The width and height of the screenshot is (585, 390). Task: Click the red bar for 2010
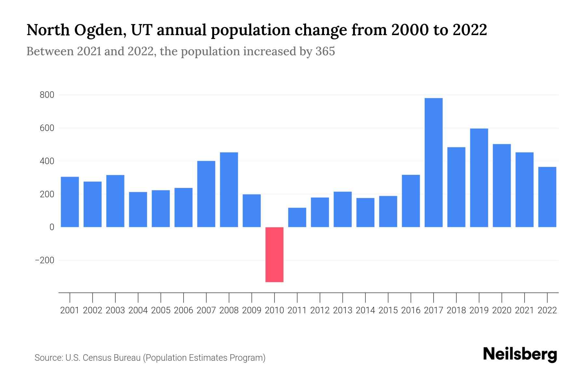tap(274, 254)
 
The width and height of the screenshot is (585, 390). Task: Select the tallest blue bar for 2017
tap(433, 162)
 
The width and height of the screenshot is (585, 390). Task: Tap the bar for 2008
tap(229, 189)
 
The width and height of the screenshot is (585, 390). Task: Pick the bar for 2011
tap(297, 217)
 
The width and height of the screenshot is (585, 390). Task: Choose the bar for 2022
tap(547, 197)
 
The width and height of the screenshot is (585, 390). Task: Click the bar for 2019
tap(479, 178)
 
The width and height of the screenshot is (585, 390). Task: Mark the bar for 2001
tap(70, 202)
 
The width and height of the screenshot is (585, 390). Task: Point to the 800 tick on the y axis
tap(47, 95)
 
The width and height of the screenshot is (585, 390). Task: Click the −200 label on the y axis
tap(45, 260)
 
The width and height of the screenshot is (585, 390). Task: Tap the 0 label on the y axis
tap(52, 227)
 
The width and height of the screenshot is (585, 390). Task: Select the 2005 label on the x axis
tap(161, 310)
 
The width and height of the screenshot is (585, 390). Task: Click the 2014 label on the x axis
tap(365, 310)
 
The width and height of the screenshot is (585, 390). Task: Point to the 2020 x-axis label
tap(501, 310)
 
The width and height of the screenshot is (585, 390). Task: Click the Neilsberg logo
tap(520, 354)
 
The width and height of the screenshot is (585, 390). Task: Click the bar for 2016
tap(411, 201)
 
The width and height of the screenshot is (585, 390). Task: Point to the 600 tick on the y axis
tap(47, 128)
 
